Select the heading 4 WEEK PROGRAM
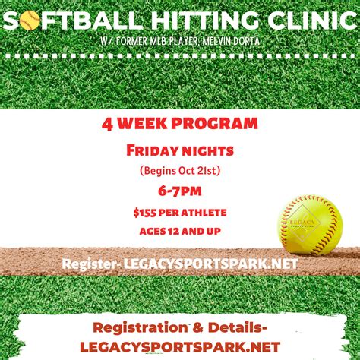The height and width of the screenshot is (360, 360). (x=180, y=123)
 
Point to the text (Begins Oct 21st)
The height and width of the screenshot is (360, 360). (x=180, y=170)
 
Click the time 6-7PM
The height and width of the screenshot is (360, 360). (x=180, y=191)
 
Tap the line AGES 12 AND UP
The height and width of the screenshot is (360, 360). (x=180, y=231)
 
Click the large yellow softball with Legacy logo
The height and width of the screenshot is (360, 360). (x=309, y=225)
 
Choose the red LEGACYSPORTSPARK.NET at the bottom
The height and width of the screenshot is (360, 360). (x=180, y=346)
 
